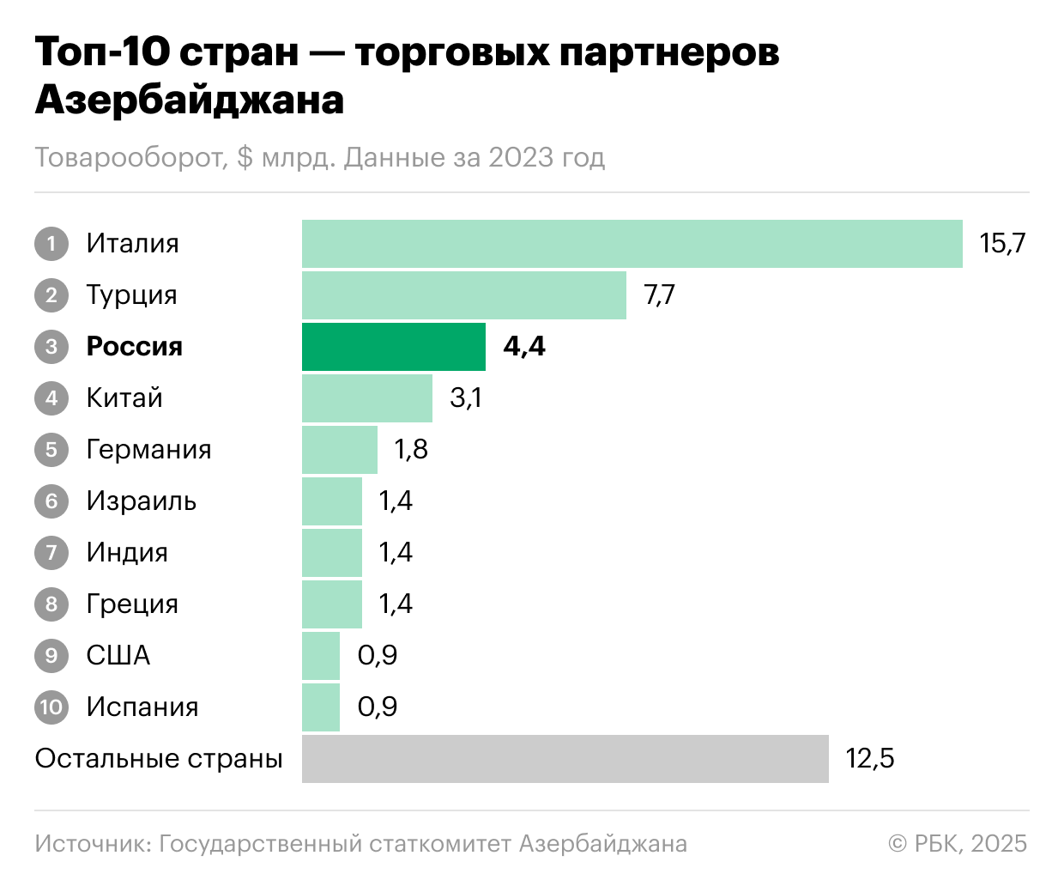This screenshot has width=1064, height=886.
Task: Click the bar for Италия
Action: pos(632,244)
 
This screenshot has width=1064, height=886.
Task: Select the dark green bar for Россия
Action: pos(394,347)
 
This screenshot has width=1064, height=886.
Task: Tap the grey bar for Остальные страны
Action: pos(565,759)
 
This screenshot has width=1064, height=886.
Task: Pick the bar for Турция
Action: pos(463,295)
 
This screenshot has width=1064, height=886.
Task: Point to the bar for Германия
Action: pos(340,450)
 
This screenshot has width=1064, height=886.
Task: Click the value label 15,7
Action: pos(1002,244)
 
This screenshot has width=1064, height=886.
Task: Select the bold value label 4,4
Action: pos(524,347)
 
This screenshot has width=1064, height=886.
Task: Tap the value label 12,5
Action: pos(869,759)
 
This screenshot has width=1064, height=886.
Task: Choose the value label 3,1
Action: pos(465,398)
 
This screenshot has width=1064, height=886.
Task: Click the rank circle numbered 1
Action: pos(51,244)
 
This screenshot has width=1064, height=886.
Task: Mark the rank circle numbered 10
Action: pos(51,707)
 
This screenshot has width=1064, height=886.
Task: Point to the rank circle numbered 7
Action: pos(51,553)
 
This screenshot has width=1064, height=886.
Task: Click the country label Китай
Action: pos(124,398)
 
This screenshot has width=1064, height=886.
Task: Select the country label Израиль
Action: pos(142,501)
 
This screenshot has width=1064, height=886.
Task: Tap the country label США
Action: pos(118,656)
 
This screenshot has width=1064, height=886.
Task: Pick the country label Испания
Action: pos(142,707)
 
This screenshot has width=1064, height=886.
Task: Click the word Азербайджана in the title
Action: pos(190,100)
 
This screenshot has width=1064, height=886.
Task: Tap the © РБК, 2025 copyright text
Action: pos(958,844)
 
